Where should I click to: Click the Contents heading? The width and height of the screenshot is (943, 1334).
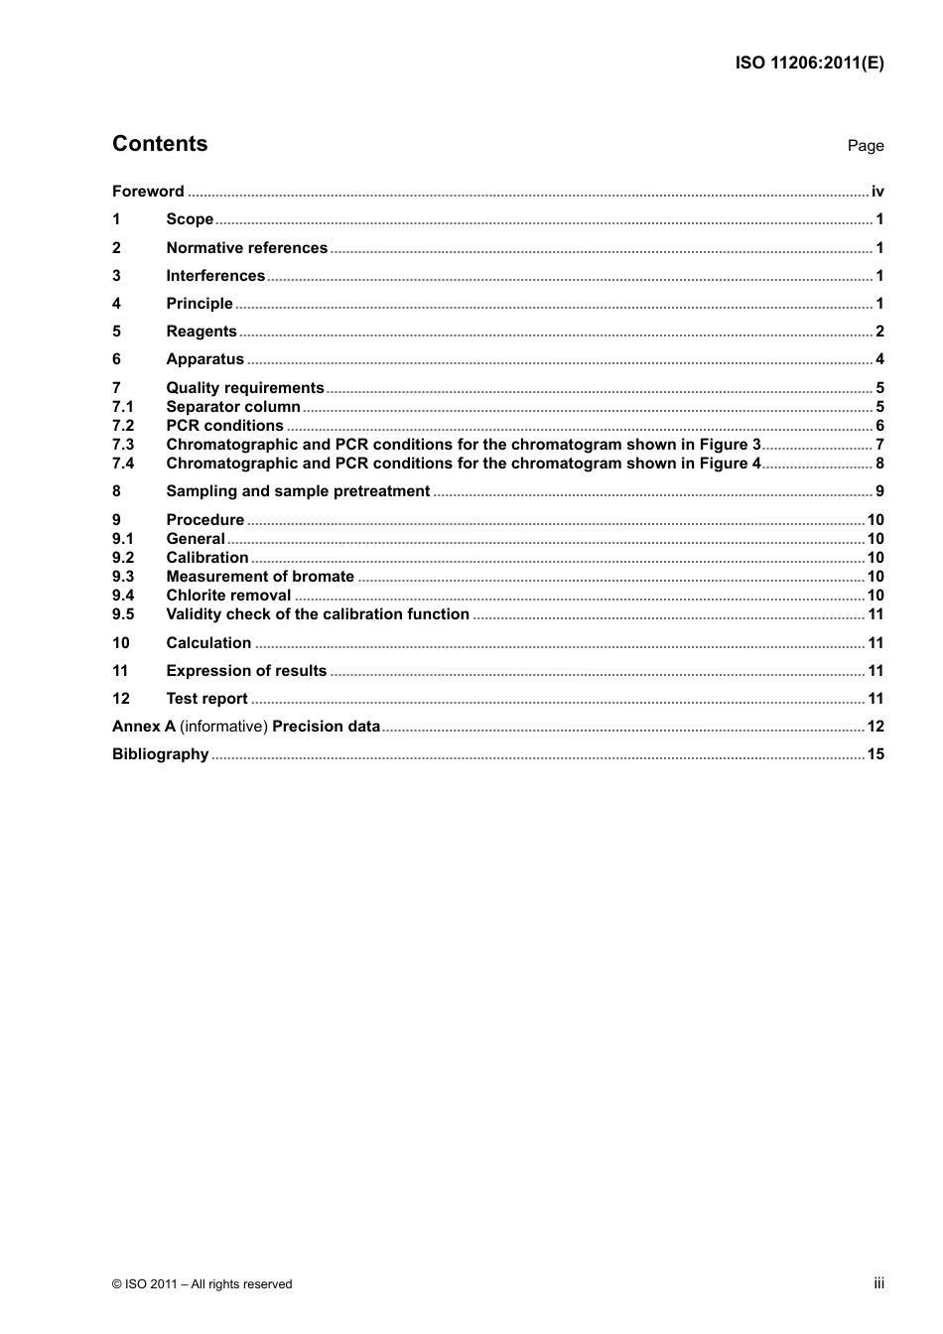point(160,144)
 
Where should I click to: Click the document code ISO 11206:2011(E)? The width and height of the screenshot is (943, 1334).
point(809,63)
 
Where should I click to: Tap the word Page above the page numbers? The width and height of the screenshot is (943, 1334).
point(865,146)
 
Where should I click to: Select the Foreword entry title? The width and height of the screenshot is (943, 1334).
point(148,192)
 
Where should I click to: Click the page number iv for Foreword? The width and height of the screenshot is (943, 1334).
point(877,192)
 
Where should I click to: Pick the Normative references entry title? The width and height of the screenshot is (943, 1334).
point(246,248)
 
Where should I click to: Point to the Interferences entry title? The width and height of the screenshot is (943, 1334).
point(215,276)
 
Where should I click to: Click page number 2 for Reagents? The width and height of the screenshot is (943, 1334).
point(879,332)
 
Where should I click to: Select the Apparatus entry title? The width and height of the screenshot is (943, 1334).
point(204,359)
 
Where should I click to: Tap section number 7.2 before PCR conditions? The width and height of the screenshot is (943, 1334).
point(123,426)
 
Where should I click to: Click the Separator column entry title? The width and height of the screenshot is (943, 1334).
point(233,407)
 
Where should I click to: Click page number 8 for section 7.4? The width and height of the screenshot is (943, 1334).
point(879,464)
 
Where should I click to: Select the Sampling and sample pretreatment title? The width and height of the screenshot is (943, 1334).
point(298,491)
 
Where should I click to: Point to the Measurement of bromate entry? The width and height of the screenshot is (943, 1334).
point(260,577)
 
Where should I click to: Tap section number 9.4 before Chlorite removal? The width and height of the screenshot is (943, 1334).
point(123,596)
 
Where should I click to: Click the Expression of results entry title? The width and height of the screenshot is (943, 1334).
point(246,671)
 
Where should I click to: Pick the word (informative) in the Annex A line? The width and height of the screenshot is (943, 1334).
point(223,727)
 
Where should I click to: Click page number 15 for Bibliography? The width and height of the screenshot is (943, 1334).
point(876,754)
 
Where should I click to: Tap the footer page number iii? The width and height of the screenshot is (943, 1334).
point(878,1283)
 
